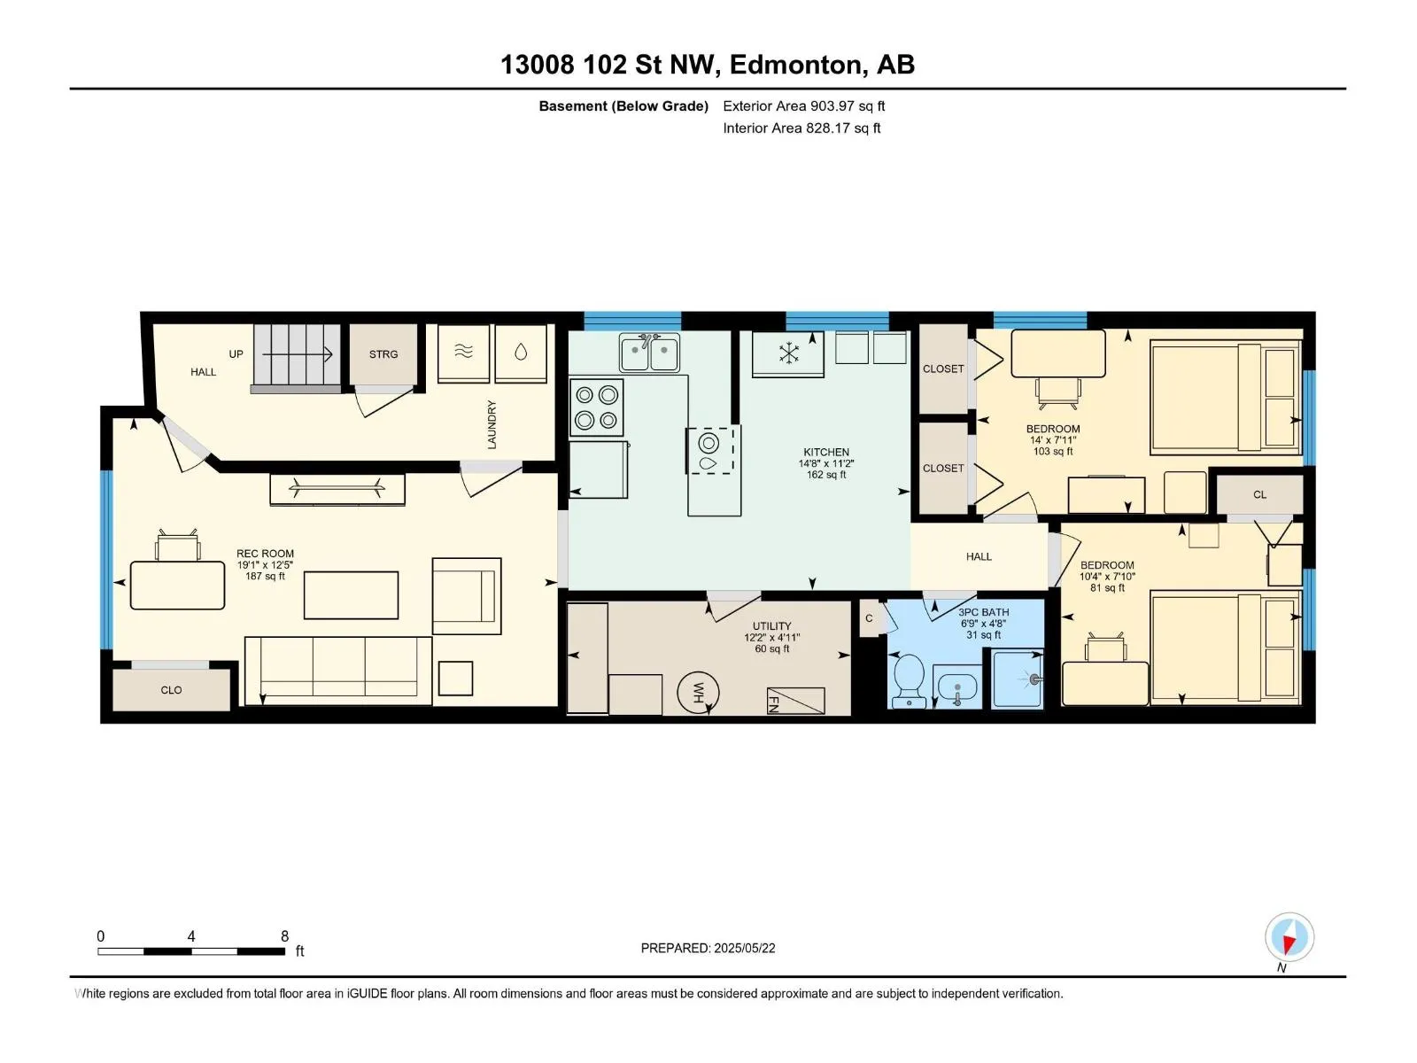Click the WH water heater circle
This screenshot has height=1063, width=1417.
click(698, 693)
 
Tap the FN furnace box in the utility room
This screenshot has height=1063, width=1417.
click(795, 701)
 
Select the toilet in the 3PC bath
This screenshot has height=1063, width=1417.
click(909, 679)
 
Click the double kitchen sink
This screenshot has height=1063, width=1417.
click(649, 353)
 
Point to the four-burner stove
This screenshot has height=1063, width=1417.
click(597, 407)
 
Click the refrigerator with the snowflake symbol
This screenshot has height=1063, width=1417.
click(787, 353)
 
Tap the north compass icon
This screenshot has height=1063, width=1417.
click(1289, 937)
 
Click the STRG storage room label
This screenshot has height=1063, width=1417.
click(383, 354)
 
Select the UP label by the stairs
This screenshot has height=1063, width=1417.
click(236, 353)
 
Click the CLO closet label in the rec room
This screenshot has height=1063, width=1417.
click(171, 690)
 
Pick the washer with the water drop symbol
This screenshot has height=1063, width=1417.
click(521, 353)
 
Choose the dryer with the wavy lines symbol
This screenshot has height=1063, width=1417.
click(463, 353)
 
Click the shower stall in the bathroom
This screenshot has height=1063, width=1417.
click(1018, 679)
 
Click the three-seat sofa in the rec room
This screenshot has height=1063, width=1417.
click(338, 670)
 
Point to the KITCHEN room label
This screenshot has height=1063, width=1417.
click(826, 452)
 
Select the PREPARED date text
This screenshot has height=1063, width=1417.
click(708, 948)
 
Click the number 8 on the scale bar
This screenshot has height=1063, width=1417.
click(284, 935)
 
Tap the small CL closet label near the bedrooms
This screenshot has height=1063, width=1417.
click(1259, 494)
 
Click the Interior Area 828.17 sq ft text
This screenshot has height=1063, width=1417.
click(801, 128)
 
